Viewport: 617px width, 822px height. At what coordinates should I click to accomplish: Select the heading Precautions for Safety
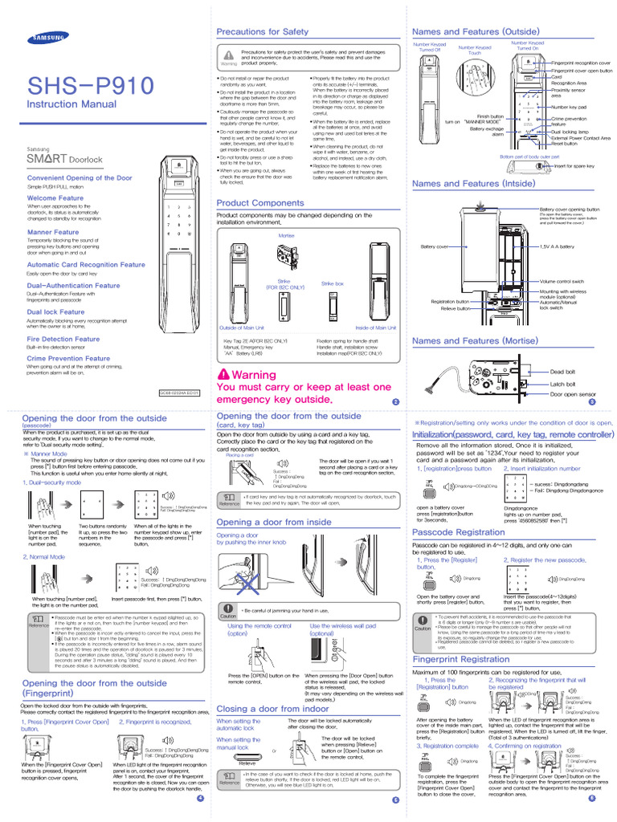263,31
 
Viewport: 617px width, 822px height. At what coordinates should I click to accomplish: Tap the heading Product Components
260,203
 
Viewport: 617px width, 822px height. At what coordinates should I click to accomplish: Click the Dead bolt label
562,372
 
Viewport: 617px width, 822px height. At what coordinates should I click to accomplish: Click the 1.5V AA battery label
557,246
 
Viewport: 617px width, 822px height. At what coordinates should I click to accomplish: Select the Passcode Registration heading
458,532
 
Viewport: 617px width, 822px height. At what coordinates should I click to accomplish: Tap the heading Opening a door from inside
274,522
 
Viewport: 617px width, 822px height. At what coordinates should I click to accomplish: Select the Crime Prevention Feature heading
68,359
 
